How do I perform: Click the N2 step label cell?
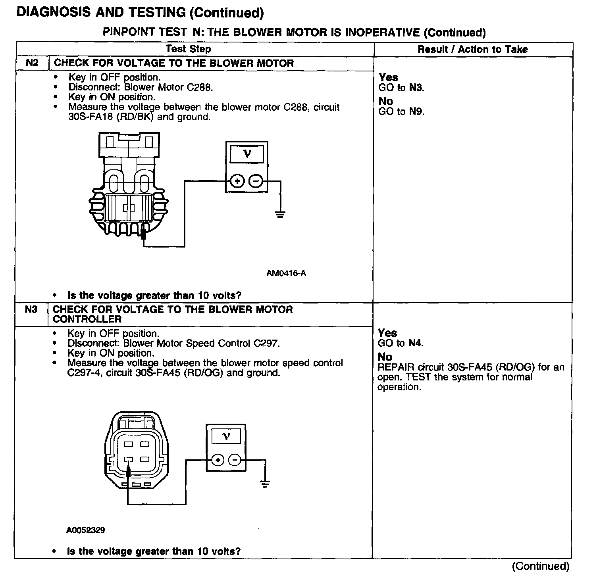point(32,63)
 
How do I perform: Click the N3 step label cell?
point(31,310)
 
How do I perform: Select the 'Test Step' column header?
point(188,49)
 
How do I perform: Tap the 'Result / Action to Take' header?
point(472,50)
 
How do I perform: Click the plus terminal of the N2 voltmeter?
point(237,182)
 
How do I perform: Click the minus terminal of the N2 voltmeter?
point(256,182)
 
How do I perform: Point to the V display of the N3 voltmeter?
point(226,437)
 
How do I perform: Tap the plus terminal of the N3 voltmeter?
point(217,460)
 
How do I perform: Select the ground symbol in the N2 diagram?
point(280,215)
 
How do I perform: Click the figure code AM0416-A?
point(286,273)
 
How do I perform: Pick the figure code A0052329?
point(85,530)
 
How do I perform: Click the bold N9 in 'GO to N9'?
point(416,111)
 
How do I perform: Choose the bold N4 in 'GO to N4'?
point(415,343)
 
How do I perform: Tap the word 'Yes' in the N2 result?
point(388,77)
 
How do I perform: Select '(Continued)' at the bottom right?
point(541,566)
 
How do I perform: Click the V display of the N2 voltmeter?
point(247,154)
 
